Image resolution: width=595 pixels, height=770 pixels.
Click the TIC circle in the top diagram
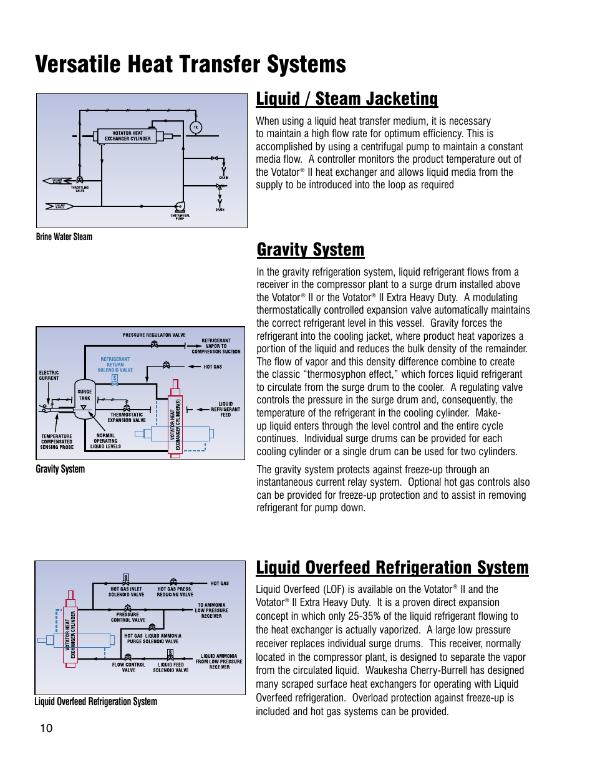[x=196, y=128]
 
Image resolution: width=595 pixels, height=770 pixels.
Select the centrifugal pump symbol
[x=180, y=206]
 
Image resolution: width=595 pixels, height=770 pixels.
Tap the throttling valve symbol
[x=79, y=181]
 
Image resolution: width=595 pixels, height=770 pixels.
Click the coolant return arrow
[x=56, y=181]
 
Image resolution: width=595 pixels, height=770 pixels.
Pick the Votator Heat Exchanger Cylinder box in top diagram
[x=127, y=136]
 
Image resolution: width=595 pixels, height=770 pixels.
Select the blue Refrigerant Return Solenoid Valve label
[x=115, y=365]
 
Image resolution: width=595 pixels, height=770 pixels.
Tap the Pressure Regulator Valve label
[x=154, y=335]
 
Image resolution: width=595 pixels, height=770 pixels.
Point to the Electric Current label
[x=49, y=375]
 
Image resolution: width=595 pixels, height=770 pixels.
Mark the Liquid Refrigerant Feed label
[x=225, y=409]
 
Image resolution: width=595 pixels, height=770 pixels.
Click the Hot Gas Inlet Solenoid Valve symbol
[x=126, y=579]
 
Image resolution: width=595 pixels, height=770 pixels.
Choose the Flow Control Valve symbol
[x=128, y=657]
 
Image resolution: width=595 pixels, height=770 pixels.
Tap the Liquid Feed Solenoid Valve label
[x=171, y=667]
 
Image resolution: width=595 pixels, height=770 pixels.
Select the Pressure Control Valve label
[x=128, y=617]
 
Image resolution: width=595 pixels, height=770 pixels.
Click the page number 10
[x=46, y=728]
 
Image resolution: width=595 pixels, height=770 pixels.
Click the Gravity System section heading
[x=311, y=249]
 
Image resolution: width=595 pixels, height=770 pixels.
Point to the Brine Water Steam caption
[x=64, y=237]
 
